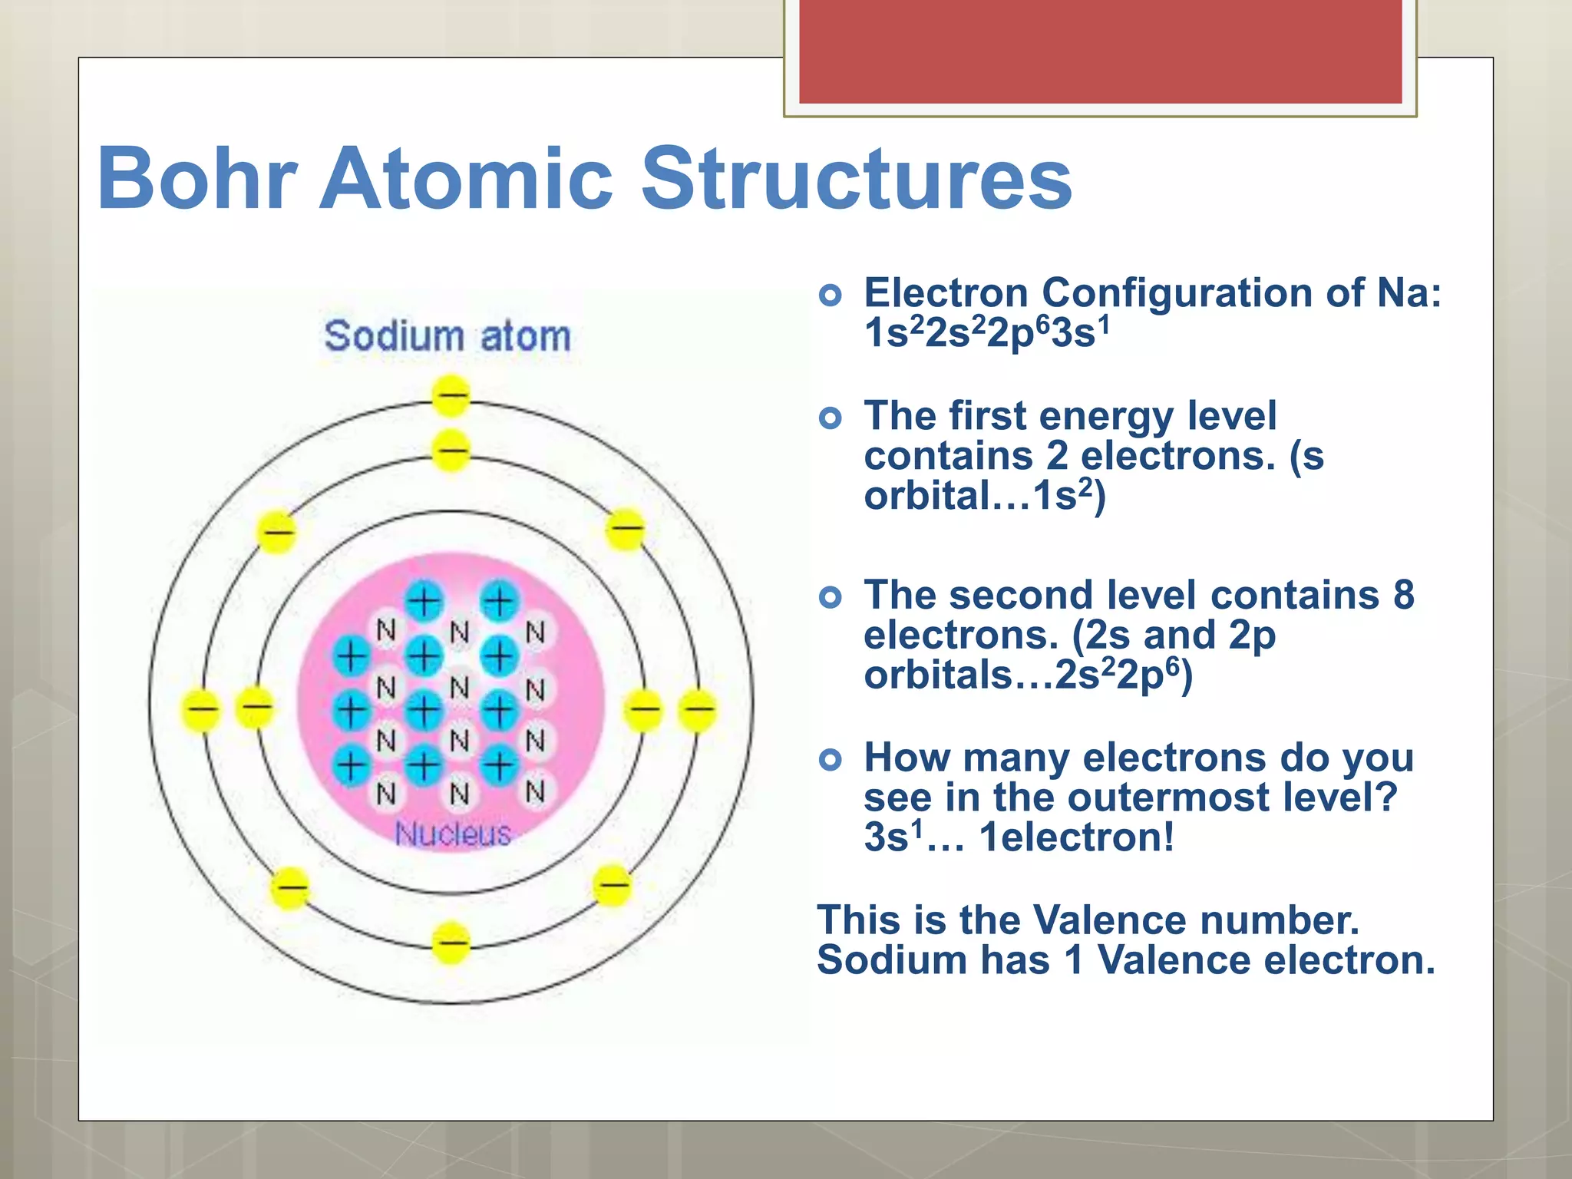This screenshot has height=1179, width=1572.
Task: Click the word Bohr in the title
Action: [197, 178]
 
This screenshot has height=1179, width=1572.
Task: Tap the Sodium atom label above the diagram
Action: [447, 336]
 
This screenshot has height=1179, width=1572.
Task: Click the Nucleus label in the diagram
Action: [453, 834]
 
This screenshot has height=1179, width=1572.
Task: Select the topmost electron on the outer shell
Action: [451, 396]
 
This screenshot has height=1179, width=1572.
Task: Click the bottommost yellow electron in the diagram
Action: [451, 943]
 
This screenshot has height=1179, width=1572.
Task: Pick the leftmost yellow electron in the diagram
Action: [202, 709]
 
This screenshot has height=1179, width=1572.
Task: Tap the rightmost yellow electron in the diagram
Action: [698, 709]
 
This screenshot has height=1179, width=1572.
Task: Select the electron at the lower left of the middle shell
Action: [290, 888]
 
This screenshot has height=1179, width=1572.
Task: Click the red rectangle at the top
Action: [1100, 51]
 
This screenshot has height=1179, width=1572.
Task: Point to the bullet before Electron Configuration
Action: [831, 295]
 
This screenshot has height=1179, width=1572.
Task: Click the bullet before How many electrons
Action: [831, 760]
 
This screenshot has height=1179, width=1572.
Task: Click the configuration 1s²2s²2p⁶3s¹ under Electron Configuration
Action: [987, 333]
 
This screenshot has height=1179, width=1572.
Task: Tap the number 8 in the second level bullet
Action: [1403, 595]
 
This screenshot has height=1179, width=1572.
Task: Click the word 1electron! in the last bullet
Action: [1077, 837]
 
